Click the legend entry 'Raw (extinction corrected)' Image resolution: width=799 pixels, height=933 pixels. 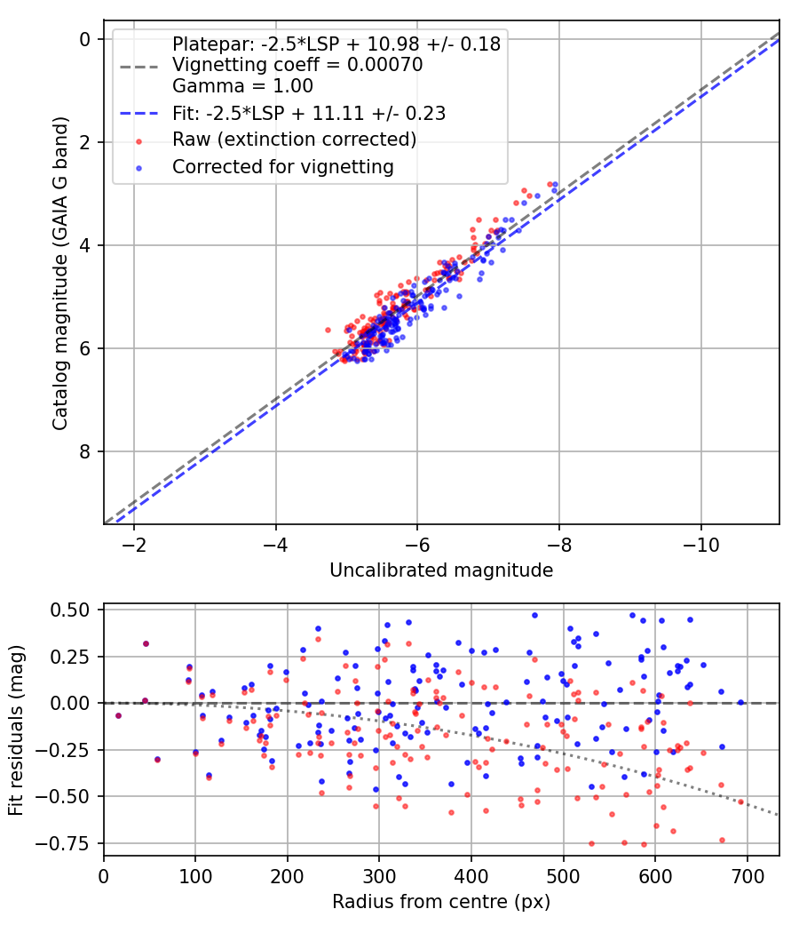(x=294, y=140)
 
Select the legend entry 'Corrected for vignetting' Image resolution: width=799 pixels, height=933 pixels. (x=282, y=166)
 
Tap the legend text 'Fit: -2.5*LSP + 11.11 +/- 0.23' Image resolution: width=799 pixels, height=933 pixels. (x=308, y=113)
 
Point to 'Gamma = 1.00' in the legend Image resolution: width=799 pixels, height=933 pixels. (x=242, y=86)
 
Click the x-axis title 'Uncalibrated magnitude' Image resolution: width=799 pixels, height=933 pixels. (x=441, y=570)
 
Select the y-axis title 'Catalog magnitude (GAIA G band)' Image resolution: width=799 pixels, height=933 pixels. (x=59, y=279)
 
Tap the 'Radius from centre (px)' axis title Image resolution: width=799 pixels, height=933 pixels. (x=441, y=902)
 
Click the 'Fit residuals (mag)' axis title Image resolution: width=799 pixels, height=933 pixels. (x=16, y=730)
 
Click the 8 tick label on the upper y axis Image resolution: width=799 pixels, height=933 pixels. (x=85, y=451)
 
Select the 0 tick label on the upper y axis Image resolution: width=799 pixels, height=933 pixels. (x=85, y=39)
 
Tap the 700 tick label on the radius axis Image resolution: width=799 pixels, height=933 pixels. (x=747, y=875)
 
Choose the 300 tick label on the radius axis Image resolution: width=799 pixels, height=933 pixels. (x=379, y=875)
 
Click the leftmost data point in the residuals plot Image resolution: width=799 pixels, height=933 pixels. (x=118, y=715)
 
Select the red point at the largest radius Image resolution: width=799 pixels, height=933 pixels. (x=740, y=801)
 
